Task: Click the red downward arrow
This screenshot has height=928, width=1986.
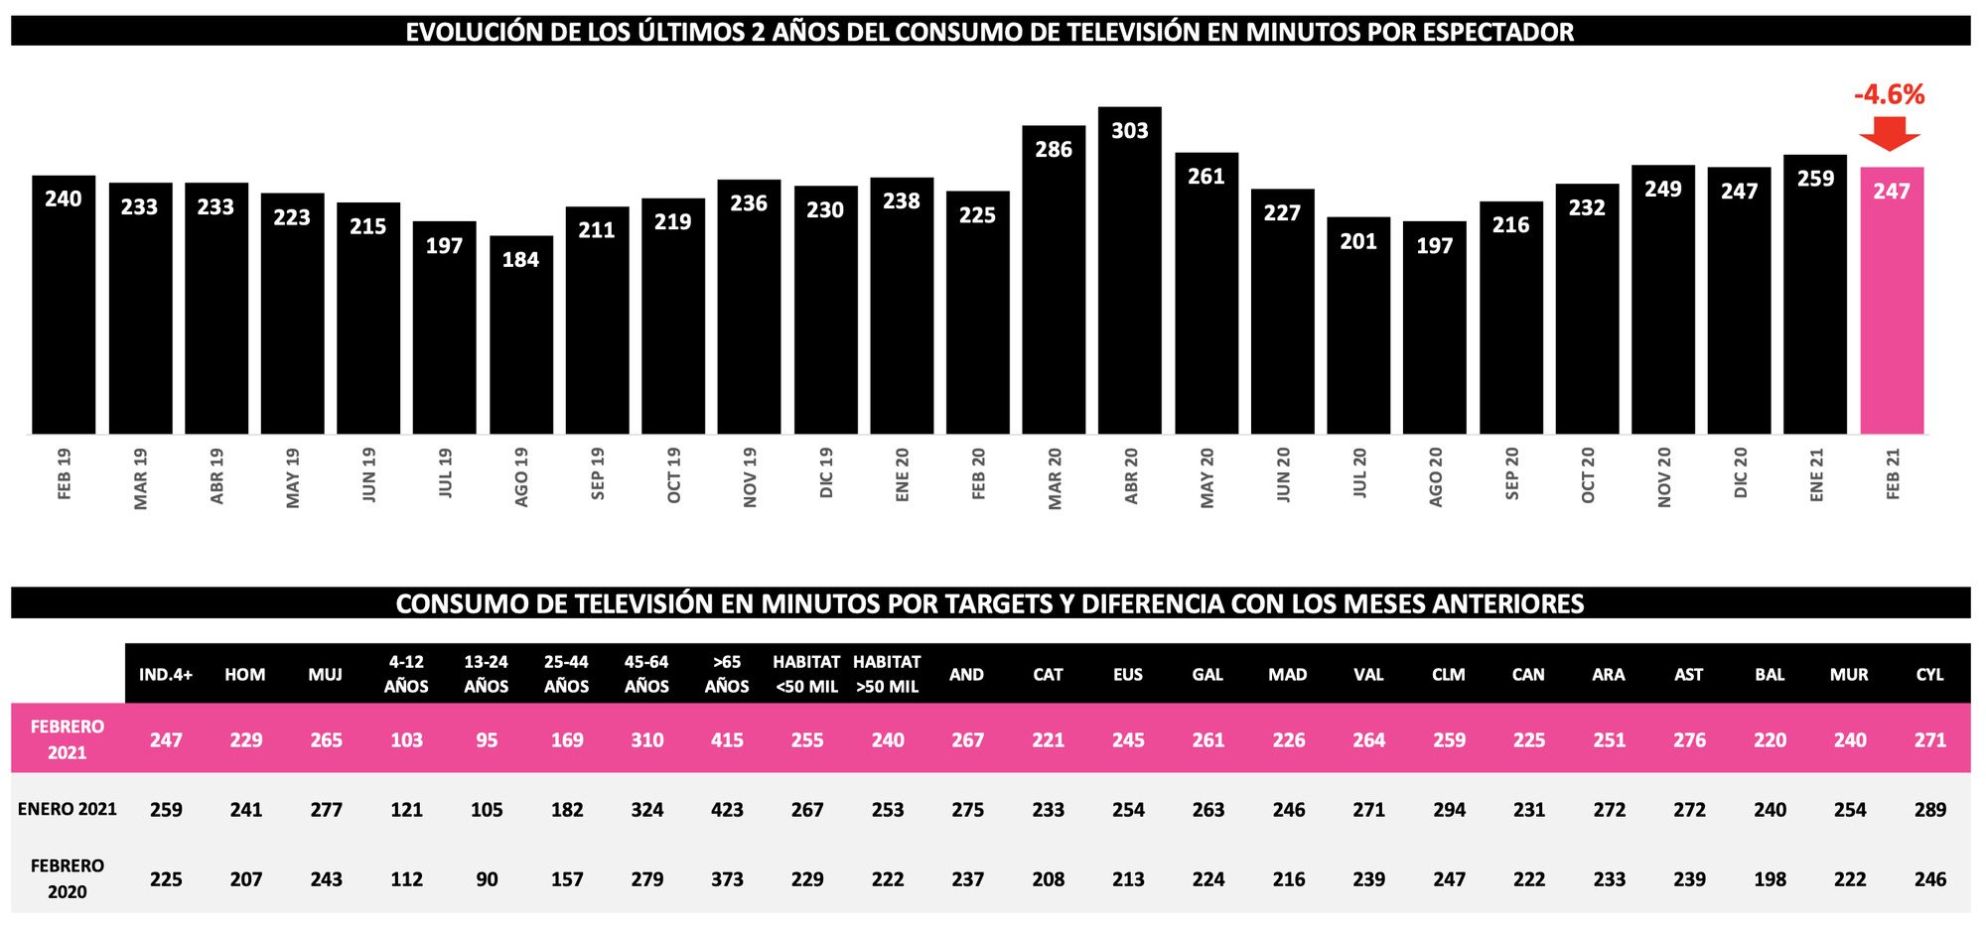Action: click(x=1890, y=133)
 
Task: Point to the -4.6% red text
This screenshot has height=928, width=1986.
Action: click(x=1889, y=95)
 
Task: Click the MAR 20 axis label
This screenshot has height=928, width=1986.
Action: click(x=1055, y=478)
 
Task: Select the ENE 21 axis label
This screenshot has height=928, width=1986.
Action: click(x=1816, y=474)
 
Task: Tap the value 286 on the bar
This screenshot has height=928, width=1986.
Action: click(x=1054, y=150)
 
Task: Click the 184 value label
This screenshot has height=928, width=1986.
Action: click(x=520, y=260)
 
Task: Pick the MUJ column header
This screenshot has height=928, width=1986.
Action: click(x=325, y=675)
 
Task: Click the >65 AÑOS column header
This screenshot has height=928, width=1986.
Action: click(x=727, y=674)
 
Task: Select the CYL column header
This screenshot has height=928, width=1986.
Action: click(x=1929, y=675)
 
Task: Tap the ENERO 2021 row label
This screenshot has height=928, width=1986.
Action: click(x=67, y=809)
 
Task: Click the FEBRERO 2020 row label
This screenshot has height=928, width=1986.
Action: click(x=67, y=878)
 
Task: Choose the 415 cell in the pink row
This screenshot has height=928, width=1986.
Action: click(x=727, y=740)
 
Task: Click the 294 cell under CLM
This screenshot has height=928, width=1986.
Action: click(x=1449, y=810)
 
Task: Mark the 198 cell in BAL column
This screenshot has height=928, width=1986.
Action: click(x=1770, y=879)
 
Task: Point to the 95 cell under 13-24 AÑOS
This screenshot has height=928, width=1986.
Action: click(x=487, y=740)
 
